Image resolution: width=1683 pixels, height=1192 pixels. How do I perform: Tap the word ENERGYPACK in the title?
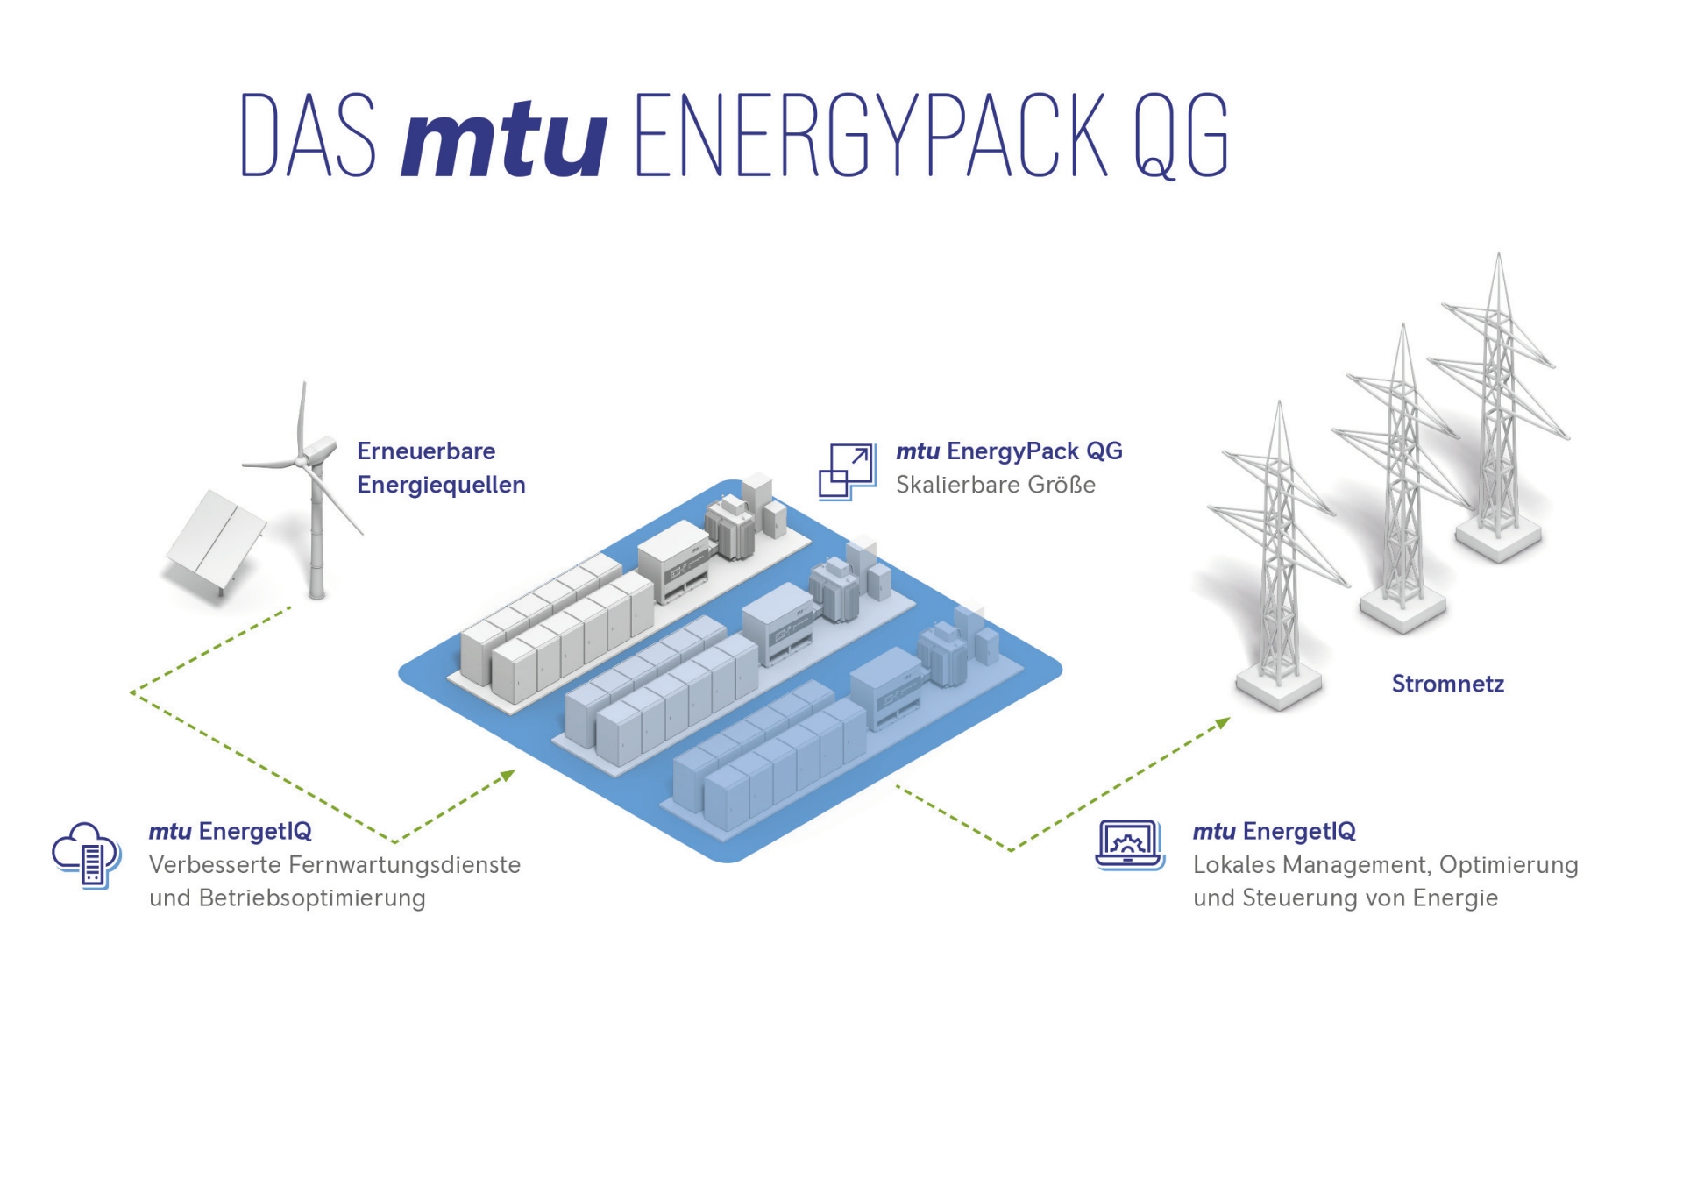click(870, 135)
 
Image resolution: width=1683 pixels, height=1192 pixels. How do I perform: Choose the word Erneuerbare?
click(426, 451)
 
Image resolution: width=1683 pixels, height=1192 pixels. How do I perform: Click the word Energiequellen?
click(441, 486)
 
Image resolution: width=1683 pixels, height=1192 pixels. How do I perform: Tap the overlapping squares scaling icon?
click(847, 472)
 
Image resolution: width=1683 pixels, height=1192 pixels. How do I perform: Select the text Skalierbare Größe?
click(996, 485)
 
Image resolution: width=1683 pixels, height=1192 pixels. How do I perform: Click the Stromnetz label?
click(1448, 684)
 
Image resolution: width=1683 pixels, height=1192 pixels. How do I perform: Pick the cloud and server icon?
click(86, 855)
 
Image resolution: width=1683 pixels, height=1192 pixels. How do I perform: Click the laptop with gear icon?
click(1130, 846)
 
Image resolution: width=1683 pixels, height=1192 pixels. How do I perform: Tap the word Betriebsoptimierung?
click(312, 898)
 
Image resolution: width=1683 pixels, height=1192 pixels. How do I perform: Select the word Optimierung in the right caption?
click(1509, 865)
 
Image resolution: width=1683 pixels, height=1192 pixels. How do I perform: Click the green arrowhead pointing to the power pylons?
click(1223, 723)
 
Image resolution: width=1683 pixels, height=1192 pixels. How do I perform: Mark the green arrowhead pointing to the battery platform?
click(508, 776)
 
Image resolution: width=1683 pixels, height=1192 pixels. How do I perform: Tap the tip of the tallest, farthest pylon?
click(1499, 253)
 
